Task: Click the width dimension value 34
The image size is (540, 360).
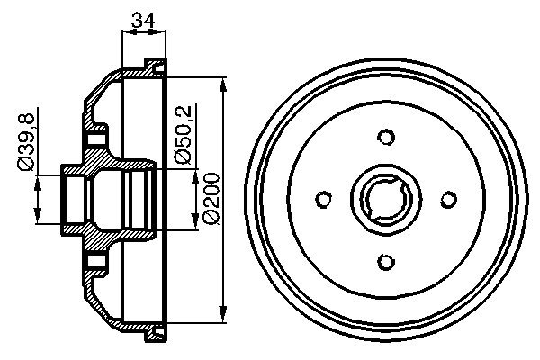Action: tap(142, 17)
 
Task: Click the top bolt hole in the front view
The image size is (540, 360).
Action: tap(386, 138)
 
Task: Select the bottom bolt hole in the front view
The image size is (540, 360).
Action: tap(386, 261)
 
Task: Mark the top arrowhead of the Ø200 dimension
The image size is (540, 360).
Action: tap(223, 83)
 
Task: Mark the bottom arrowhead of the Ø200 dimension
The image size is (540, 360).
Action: tap(223, 315)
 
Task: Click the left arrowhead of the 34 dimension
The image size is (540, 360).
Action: tap(125, 32)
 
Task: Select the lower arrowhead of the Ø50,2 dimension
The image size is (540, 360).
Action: tap(195, 225)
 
